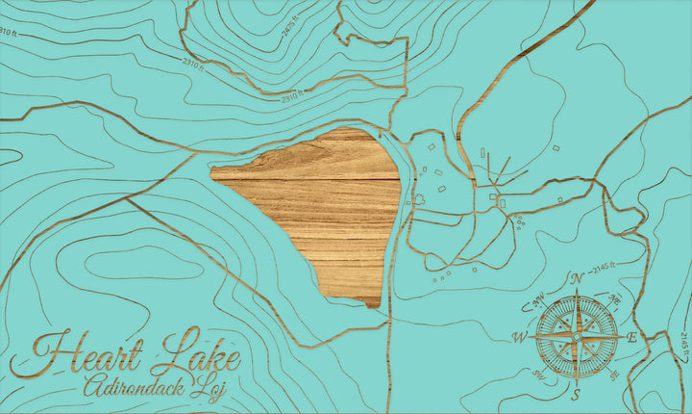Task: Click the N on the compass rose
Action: point(578,279)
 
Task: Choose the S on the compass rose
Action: point(576,394)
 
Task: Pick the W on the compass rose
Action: point(520,337)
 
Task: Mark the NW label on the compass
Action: point(538,298)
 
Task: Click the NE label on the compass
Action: point(615,299)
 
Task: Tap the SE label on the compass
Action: point(613,376)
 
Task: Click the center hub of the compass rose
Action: point(576,337)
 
